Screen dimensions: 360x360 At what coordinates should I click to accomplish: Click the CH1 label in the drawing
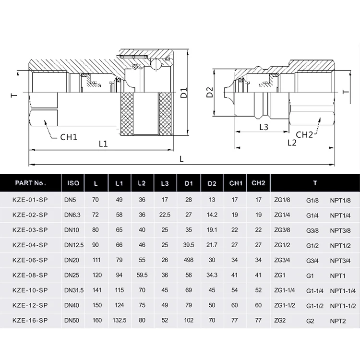(69, 137)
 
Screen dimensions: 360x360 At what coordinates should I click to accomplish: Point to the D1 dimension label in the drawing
(183, 93)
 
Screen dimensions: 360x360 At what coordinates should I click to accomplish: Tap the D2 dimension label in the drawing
(209, 92)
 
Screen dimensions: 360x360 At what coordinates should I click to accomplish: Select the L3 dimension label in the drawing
(264, 127)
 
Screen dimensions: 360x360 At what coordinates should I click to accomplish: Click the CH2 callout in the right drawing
(304, 134)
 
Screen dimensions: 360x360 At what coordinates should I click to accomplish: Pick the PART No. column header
(30, 183)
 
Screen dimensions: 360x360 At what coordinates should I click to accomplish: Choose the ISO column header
(73, 183)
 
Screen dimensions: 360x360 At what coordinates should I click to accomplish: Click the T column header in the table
(314, 183)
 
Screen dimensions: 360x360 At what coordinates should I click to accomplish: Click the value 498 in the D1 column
(188, 260)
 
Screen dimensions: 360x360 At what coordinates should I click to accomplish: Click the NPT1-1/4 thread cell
(343, 290)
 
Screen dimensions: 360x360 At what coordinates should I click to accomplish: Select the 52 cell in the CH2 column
(258, 290)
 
